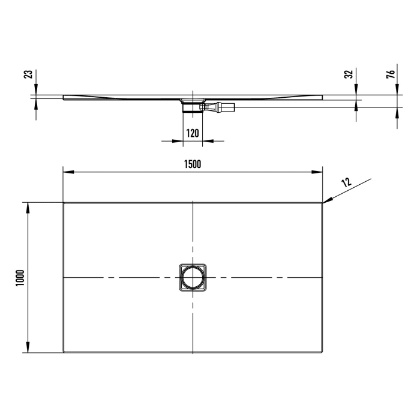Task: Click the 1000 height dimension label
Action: [x=19, y=277]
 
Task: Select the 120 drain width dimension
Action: [x=192, y=133]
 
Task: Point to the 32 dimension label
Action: [x=348, y=75]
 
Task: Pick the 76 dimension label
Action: [x=391, y=75]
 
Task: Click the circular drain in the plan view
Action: [x=193, y=278]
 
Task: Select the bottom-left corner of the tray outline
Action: [x=64, y=353]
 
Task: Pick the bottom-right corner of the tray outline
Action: [x=322, y=353]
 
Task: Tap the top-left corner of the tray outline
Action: [x=64, y=203]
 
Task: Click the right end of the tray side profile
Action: [x=322, y=97]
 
